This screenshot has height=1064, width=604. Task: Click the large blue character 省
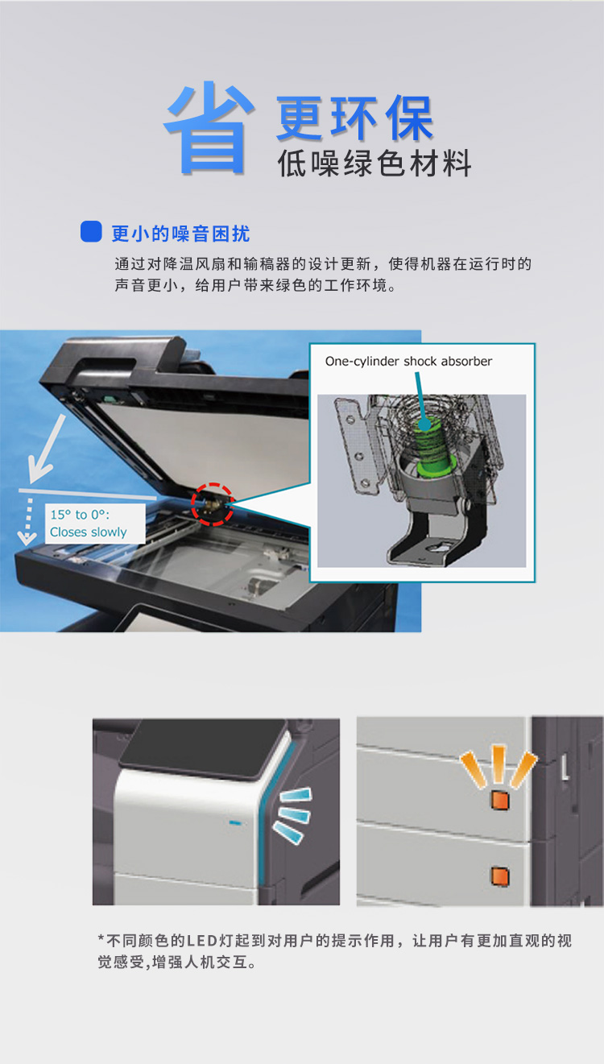tap(208, 128)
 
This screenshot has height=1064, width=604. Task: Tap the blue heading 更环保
tap(354, 118)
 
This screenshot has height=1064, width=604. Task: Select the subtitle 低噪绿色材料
tap(374, 164)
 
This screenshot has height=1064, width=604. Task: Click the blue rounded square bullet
tap(91, 232)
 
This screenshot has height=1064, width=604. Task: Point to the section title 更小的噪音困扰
tap(180, 234)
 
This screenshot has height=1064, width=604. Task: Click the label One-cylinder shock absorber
tap(408, 362)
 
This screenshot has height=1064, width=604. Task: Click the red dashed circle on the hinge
tap(213, 504)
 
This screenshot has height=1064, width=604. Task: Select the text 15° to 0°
tap(80, 515)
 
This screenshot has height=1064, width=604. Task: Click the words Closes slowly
tap(89, 532)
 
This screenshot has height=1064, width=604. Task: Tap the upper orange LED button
tap(499, 801)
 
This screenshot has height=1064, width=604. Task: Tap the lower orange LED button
tap(500, 876)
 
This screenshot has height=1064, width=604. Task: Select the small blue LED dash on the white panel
tap(235, 822)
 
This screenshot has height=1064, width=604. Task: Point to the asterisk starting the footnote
tap(101, 938)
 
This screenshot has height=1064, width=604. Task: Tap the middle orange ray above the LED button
tap(499, 764)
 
